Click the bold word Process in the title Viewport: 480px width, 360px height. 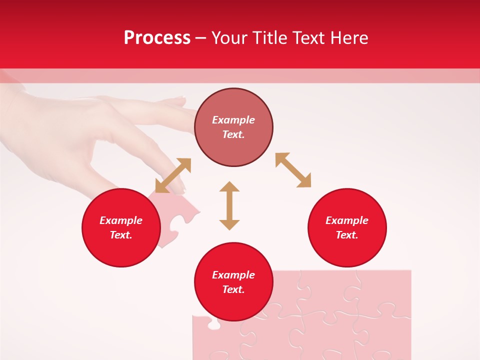157,38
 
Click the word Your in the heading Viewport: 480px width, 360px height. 229,38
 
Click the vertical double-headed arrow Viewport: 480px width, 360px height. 229,205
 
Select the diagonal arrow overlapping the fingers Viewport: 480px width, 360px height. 173,175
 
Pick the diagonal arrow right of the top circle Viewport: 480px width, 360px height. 293,170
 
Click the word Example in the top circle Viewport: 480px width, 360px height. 233,120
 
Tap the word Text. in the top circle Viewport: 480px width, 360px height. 233,134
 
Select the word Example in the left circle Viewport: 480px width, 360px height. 121,220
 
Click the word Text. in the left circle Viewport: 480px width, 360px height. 121,235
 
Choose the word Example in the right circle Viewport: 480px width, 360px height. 347,220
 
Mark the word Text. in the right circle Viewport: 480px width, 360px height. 347,235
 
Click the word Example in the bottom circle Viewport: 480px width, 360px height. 233,275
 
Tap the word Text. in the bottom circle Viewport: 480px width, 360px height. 233,289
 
